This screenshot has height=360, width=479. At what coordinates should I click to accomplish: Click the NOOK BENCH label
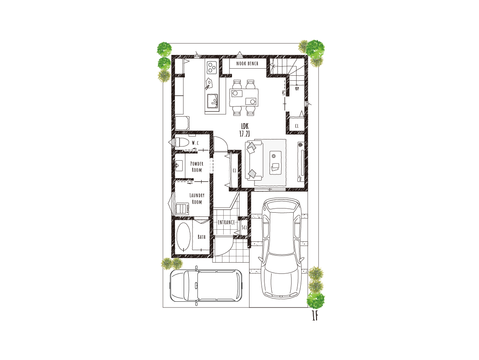tap(247, 64)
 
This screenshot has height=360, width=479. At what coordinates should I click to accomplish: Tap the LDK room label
tap(244, 126)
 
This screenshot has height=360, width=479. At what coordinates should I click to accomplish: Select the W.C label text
tap(195, 143)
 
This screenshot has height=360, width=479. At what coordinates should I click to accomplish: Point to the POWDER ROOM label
tap(197, 167)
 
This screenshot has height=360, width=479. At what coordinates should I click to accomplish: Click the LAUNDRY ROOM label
tap(197, 199)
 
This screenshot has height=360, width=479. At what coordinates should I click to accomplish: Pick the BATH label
tap(202, 237)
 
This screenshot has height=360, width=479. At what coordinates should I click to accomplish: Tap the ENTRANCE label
tap(226, 222)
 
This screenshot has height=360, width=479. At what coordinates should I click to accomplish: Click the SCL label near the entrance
tap(244, 227)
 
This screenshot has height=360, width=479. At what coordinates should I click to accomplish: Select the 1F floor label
tap(315, 316)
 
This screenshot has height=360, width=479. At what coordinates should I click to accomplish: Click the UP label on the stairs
tap(297, 89)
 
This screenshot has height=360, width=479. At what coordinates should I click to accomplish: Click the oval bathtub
tap(183, 237)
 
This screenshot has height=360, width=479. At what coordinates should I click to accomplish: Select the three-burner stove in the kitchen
tap(212, 67)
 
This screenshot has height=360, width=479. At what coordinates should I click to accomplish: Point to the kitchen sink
tap(212, 101)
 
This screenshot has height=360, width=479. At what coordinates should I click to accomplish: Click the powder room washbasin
tap(179, 166)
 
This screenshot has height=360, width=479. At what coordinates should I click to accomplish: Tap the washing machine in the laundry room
tap(182, 209)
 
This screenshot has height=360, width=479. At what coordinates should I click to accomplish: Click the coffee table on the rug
tap(275, 163)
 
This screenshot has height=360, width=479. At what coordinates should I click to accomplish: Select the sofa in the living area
tap(254, 160)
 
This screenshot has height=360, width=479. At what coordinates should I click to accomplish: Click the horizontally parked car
tap(206, 286)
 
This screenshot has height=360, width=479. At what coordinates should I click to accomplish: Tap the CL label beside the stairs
tap(297, 126)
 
